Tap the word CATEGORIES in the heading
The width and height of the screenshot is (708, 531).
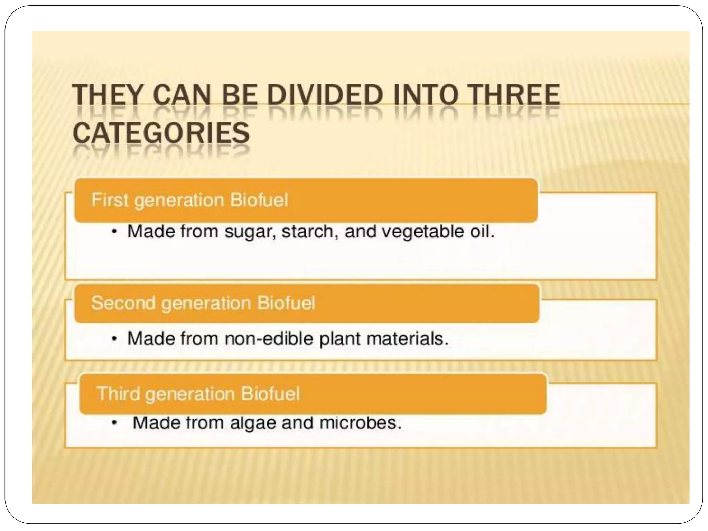(161, 133)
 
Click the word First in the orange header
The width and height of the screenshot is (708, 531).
(110, 200)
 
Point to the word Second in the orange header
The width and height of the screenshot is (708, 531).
(123, 303)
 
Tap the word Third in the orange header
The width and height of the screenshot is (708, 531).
(119, 393)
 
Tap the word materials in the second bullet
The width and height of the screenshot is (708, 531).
(407, 338)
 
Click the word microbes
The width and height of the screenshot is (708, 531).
(360, 422)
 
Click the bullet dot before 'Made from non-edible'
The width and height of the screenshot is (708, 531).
(114, 339)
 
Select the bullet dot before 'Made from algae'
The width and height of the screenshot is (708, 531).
(114, 423)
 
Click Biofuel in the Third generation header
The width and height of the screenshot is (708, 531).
(270, 393)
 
